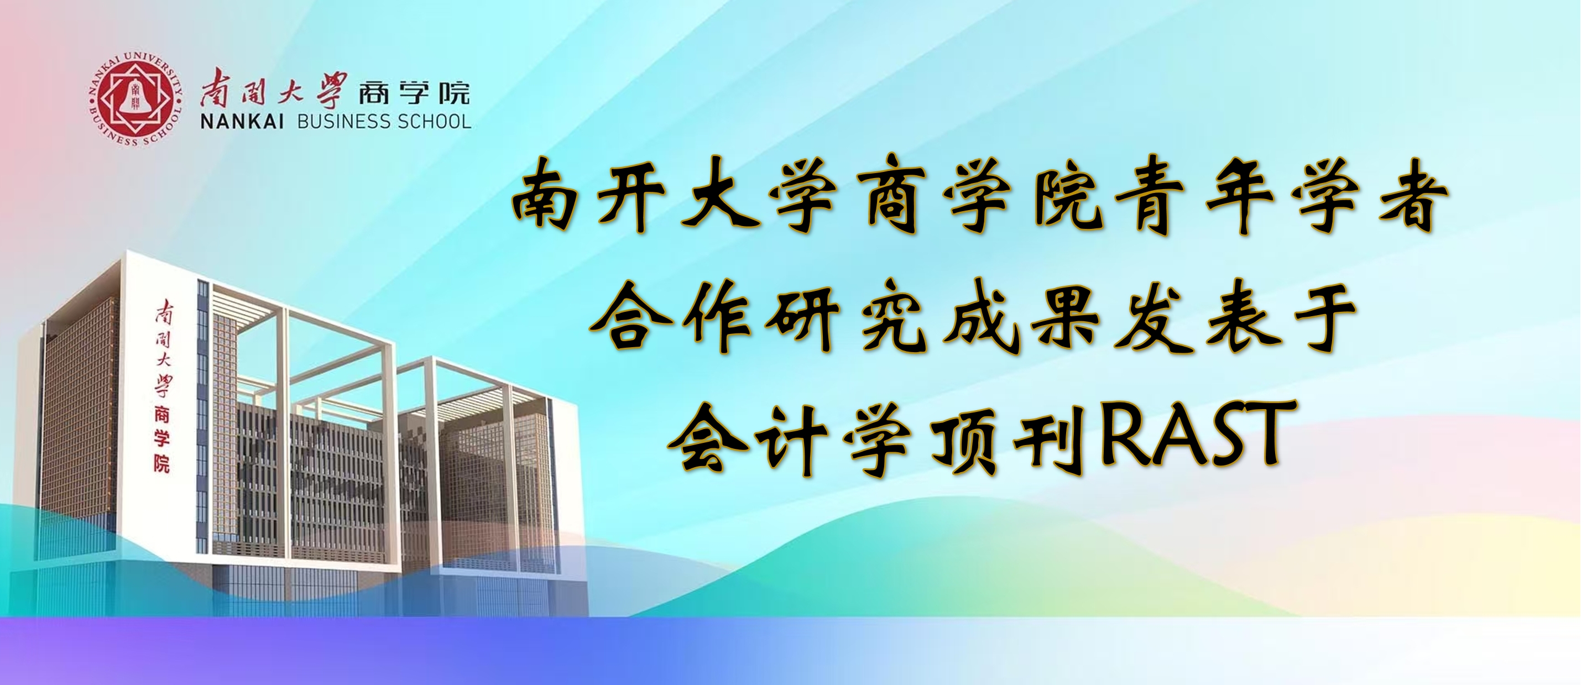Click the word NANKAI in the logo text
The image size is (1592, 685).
click(x=242, y=122)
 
